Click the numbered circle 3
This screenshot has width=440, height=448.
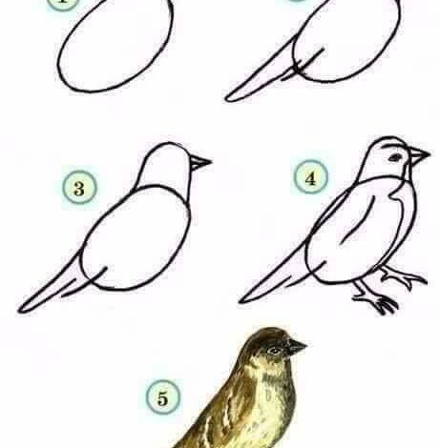[79, 188]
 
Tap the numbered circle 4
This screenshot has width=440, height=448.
[310, 177]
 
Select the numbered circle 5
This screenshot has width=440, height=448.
[163, 397]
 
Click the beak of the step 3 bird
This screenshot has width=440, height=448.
[200, 163]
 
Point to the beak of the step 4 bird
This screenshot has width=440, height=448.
[419, 155]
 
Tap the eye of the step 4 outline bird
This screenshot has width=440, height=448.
[395, 157]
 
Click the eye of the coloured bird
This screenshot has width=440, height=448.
[274, 351]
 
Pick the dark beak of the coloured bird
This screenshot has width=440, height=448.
[297, 347]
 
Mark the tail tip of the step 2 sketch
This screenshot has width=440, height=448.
[226, 99]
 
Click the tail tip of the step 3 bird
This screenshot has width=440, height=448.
[20, 310]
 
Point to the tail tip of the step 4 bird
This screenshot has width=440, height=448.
[241, 300]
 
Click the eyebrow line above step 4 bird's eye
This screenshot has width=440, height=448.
[394, 146]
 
